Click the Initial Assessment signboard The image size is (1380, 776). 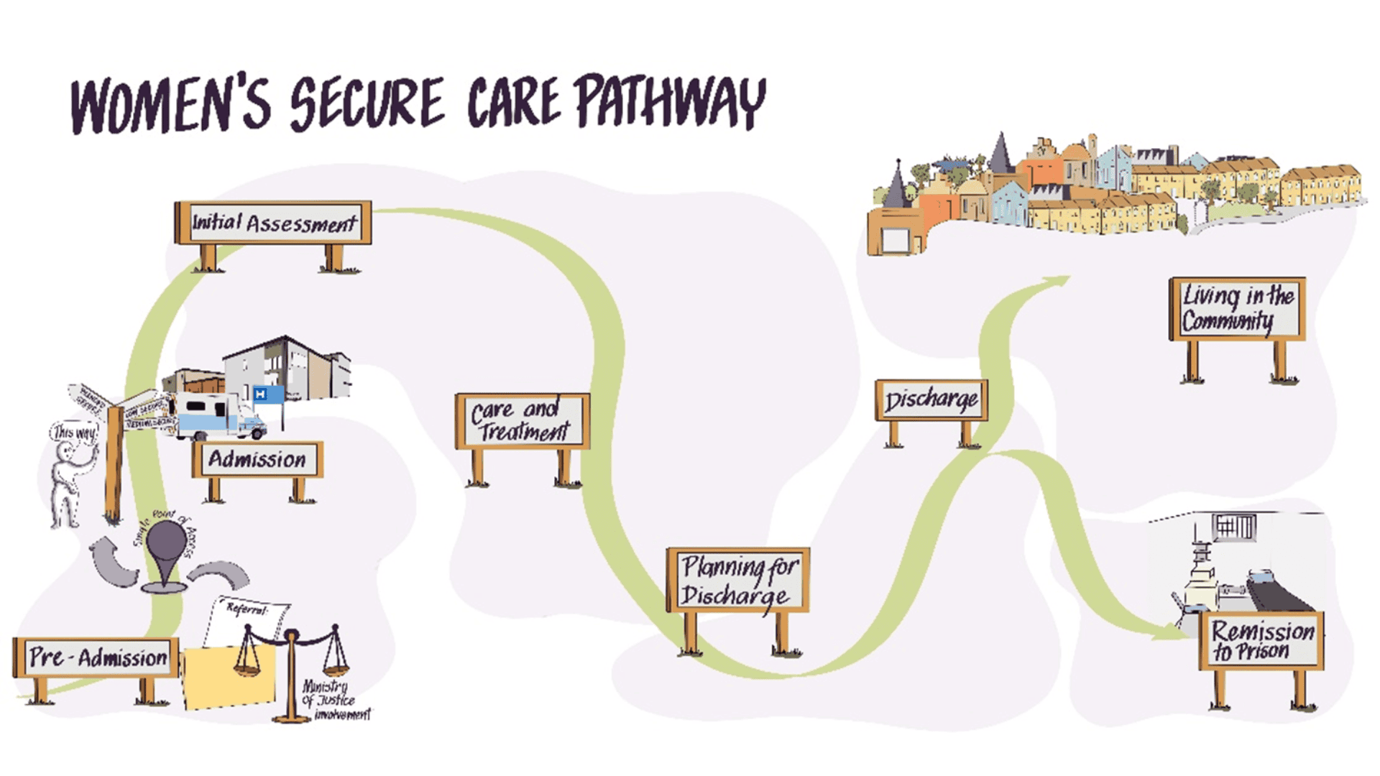273,223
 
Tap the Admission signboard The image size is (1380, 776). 257,459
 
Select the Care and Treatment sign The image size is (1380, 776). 523,421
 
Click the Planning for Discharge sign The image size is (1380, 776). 738,581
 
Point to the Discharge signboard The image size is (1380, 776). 931,400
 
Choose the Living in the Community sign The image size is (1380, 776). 1237,309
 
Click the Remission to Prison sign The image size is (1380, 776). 1261,641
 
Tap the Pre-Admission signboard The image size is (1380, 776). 97,657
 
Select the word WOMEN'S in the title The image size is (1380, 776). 171,106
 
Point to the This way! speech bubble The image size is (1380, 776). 74,433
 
